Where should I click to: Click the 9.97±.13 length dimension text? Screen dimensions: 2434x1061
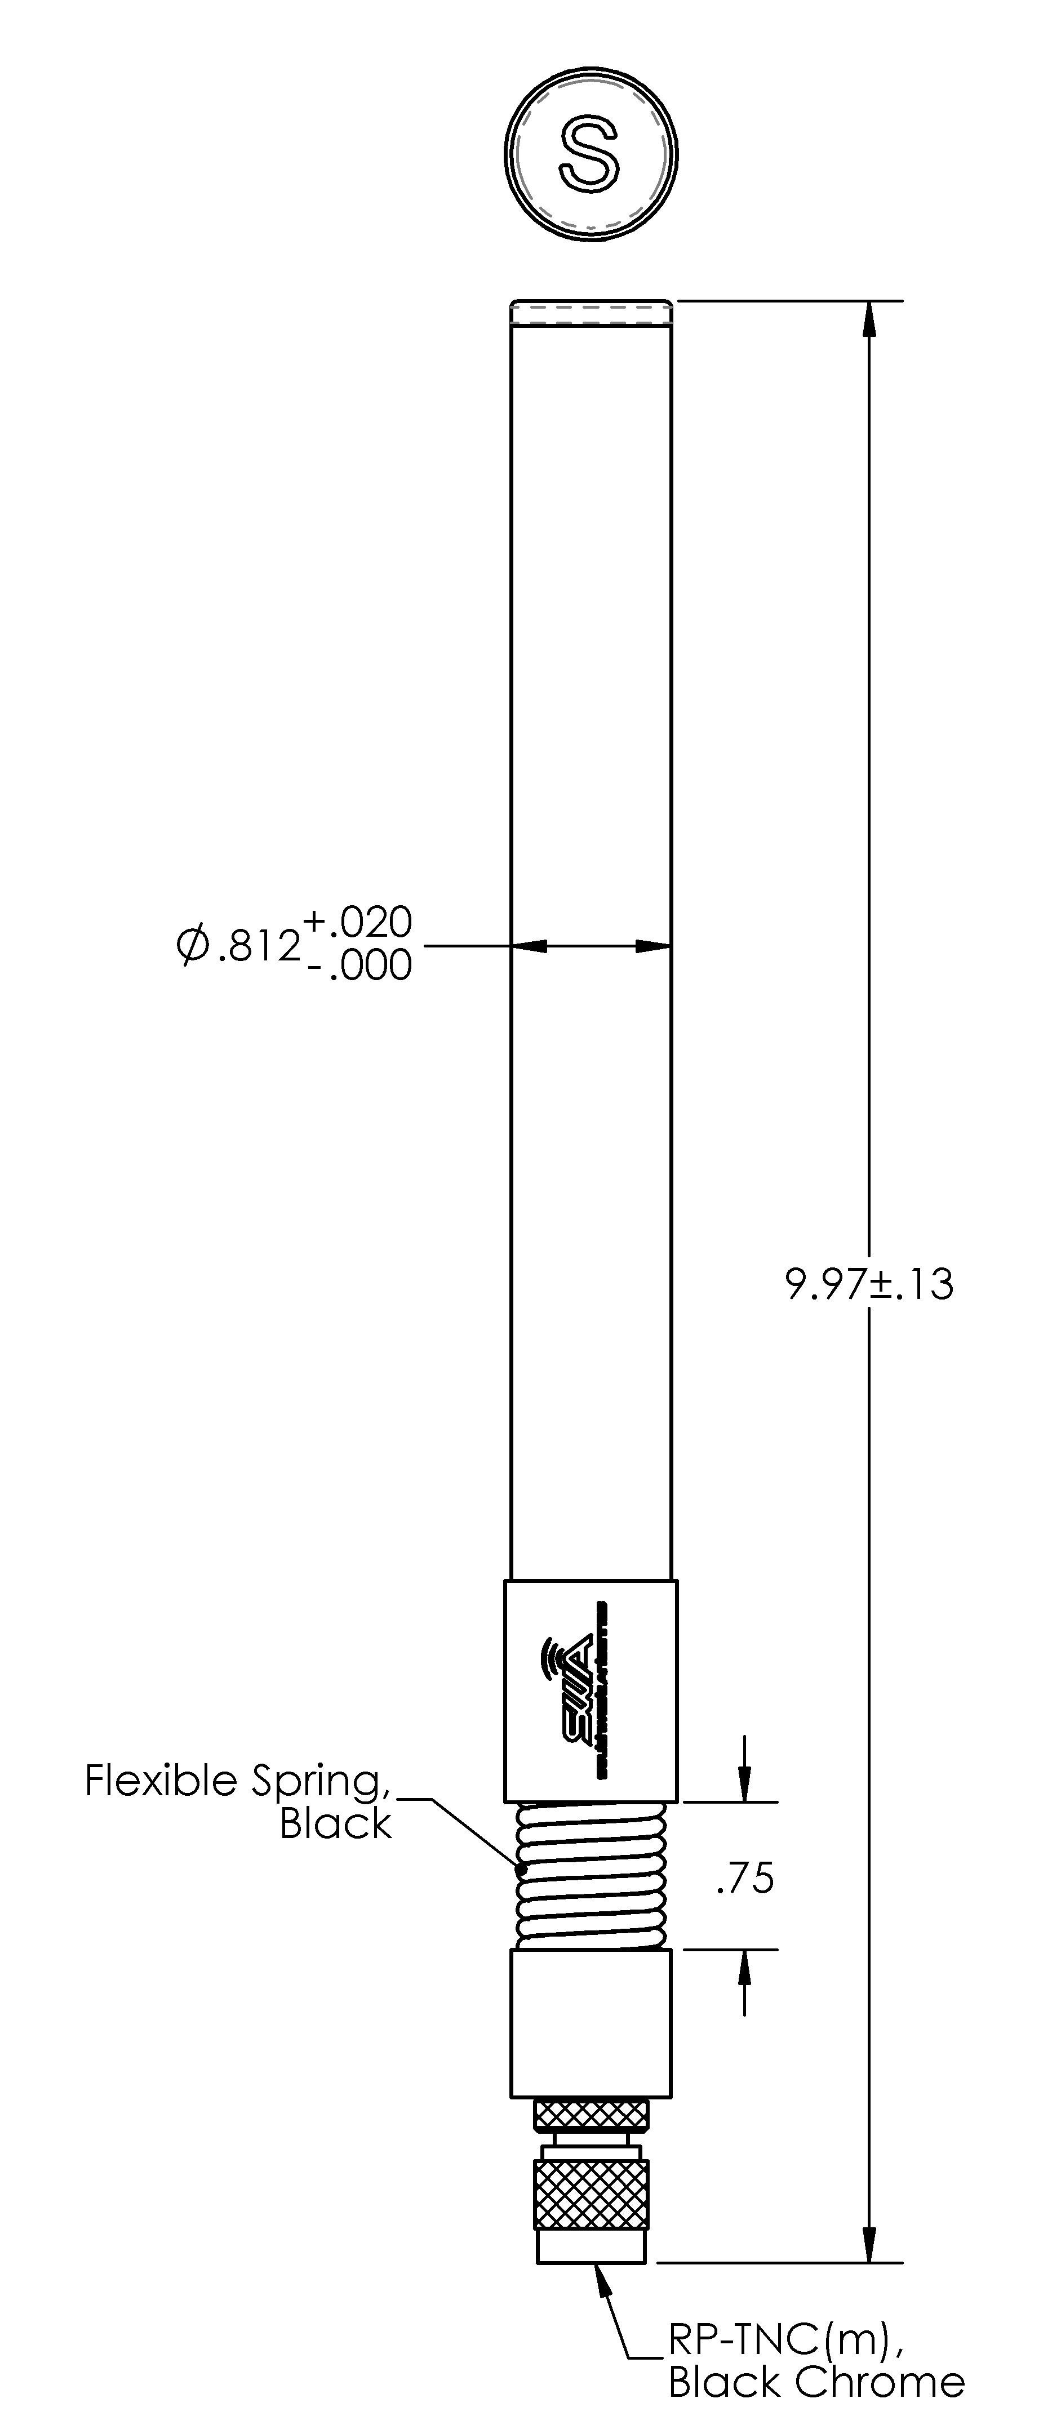pos(869,1285)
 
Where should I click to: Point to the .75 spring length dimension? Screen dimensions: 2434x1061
pos(745,1879)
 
